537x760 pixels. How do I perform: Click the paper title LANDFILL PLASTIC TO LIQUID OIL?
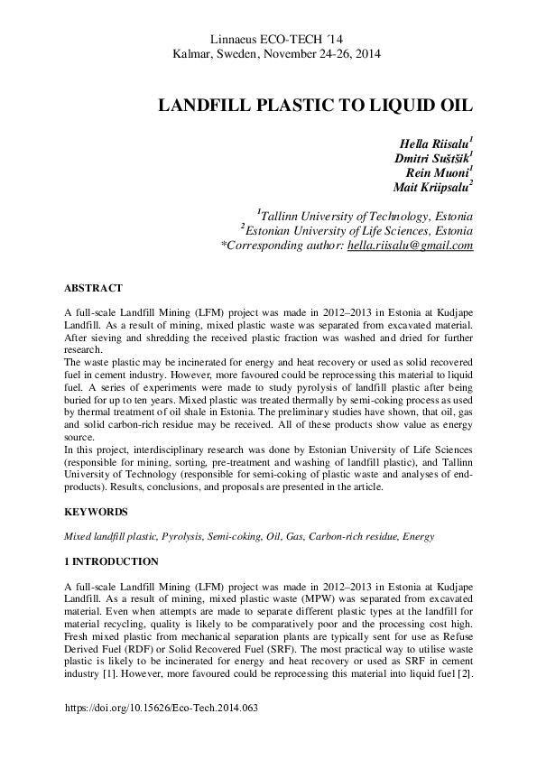click(x=316, y=105)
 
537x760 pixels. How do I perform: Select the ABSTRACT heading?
click(x=93, y=288)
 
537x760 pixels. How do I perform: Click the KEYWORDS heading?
click(x=96, y=512)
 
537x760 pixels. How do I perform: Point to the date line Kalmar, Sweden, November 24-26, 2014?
click(x=276, y=53)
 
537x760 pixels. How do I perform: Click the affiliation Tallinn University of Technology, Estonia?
click(x=366, y=217)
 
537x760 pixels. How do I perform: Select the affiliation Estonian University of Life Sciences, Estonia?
click(x=358, y=231)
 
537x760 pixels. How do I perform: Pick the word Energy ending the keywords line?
click(x=419, y=536)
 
